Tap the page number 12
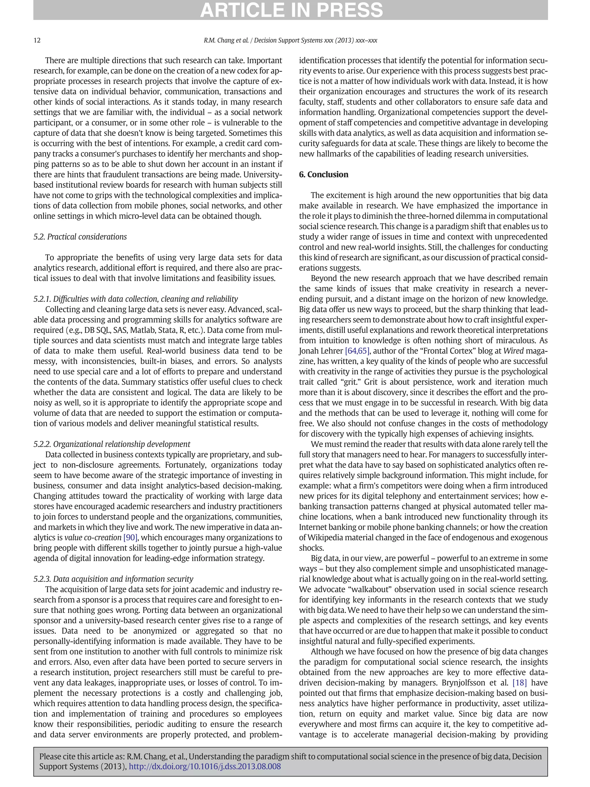[37, 40]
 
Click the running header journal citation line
[290, 40]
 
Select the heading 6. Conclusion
[323, 174]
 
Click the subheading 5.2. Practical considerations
[80, 237]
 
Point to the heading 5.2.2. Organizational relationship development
[112, 444]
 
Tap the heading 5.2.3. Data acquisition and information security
[113, 579]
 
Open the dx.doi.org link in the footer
[205, 766]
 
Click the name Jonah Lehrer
[321, 351]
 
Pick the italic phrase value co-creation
[93, 538]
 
